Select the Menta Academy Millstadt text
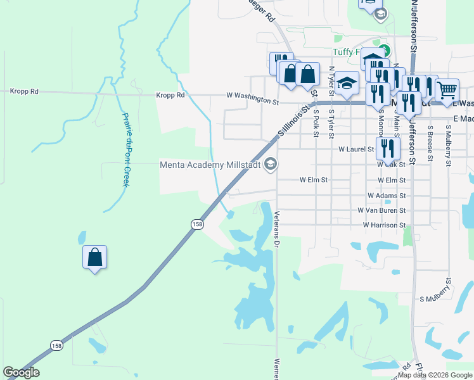coord(211,165)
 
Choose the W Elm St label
coord(313,180)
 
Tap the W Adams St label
coord(386,196)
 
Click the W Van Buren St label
coord(381,210)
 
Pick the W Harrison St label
coord(384,225)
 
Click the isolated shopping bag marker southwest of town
coord(94,257)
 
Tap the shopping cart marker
coord(447,89)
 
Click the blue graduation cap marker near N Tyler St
coord(347,83)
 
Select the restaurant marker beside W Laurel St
coord(387,149)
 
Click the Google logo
coord(21,372)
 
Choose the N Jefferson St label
coord(414,25)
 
